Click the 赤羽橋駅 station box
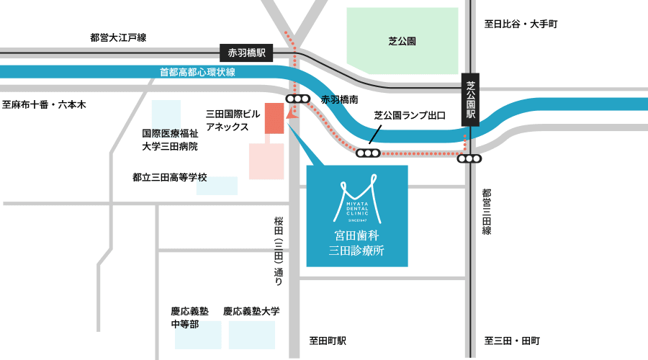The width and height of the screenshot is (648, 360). [247, 53]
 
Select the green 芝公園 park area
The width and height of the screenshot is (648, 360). [402, 41]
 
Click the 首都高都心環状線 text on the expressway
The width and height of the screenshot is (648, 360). [197, 72]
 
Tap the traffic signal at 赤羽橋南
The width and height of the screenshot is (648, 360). [297, 99]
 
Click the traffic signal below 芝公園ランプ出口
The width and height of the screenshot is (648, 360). [368, 153]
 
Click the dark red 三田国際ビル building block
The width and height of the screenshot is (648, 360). [274, 118]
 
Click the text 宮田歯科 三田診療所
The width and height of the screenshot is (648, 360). [356, 243]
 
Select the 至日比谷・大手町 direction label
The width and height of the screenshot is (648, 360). [521, 24]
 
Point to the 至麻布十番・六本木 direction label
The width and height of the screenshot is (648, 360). [44, 105]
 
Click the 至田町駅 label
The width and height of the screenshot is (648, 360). [328, 341]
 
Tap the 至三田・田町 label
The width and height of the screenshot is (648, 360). [512, 341]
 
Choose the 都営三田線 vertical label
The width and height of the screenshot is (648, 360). [487, 212]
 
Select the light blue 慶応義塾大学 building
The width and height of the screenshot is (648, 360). [251, 335]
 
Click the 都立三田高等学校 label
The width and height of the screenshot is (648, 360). [170, 177]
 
